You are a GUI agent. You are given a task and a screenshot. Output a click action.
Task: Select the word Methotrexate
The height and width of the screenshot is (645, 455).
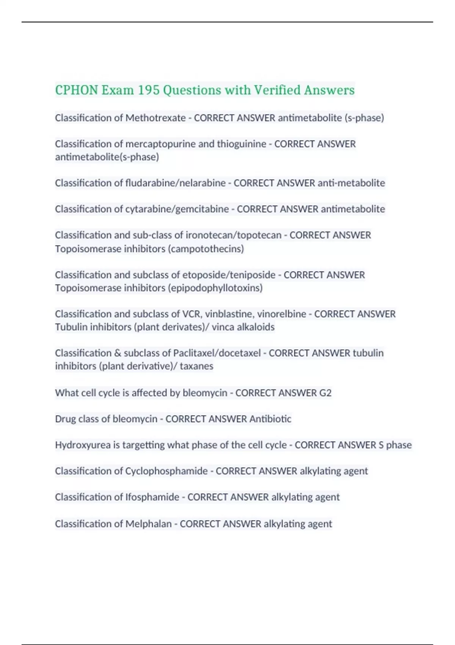(x=155, y=118)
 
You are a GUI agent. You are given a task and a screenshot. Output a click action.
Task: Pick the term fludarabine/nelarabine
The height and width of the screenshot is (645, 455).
(x=176, y=183)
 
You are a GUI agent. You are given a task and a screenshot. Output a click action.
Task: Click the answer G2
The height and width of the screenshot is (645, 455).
(x=325, y=393)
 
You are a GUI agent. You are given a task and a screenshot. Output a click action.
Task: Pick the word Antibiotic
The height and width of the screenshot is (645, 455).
(x=270, y=419)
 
